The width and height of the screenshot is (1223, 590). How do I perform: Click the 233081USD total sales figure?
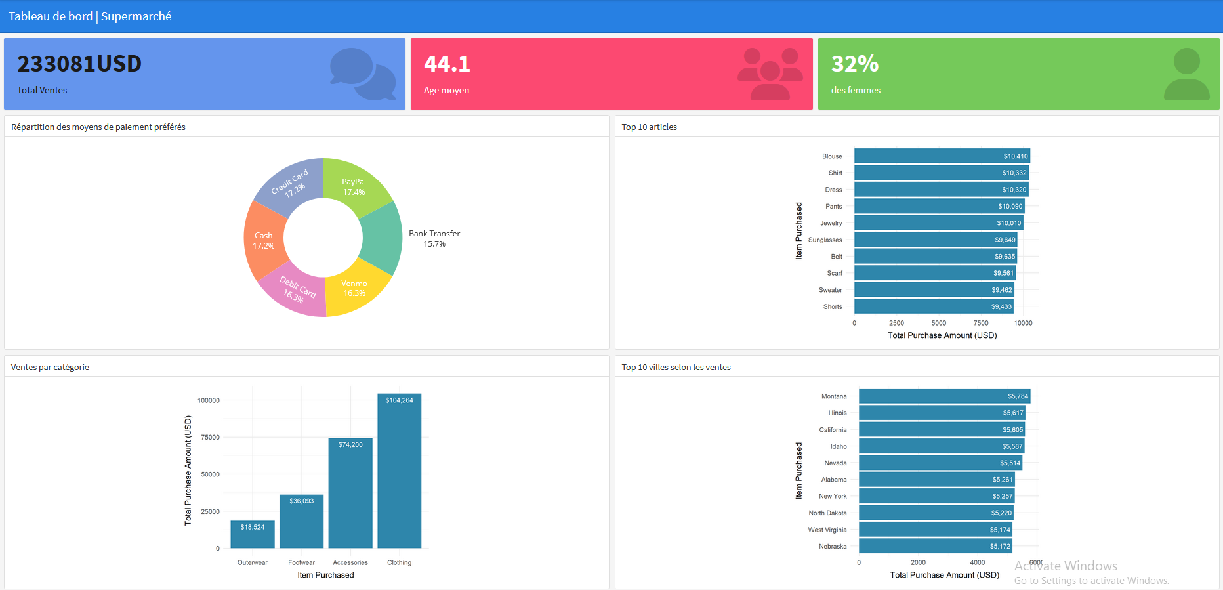tap(79, 64)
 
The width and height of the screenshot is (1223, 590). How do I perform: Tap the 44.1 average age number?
tap(447, 64)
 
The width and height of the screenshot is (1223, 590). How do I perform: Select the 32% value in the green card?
tap(854, 64)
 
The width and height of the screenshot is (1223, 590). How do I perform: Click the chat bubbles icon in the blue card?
tap(362, 74)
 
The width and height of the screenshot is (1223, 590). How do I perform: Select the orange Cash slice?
tap(263, 240)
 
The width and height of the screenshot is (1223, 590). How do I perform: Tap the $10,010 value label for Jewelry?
tap(1008, 223)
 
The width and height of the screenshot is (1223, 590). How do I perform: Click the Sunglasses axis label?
tap(825, 240)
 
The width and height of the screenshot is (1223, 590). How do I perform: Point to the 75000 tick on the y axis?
tap(210, 438)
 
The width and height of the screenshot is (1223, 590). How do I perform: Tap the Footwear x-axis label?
tap(301, 562)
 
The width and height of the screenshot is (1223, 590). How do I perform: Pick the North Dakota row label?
tap(827, 513)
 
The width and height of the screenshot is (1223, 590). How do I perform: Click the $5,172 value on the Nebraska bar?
tap(1000, 547)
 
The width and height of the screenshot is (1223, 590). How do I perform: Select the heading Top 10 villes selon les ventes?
tap(676, 368)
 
